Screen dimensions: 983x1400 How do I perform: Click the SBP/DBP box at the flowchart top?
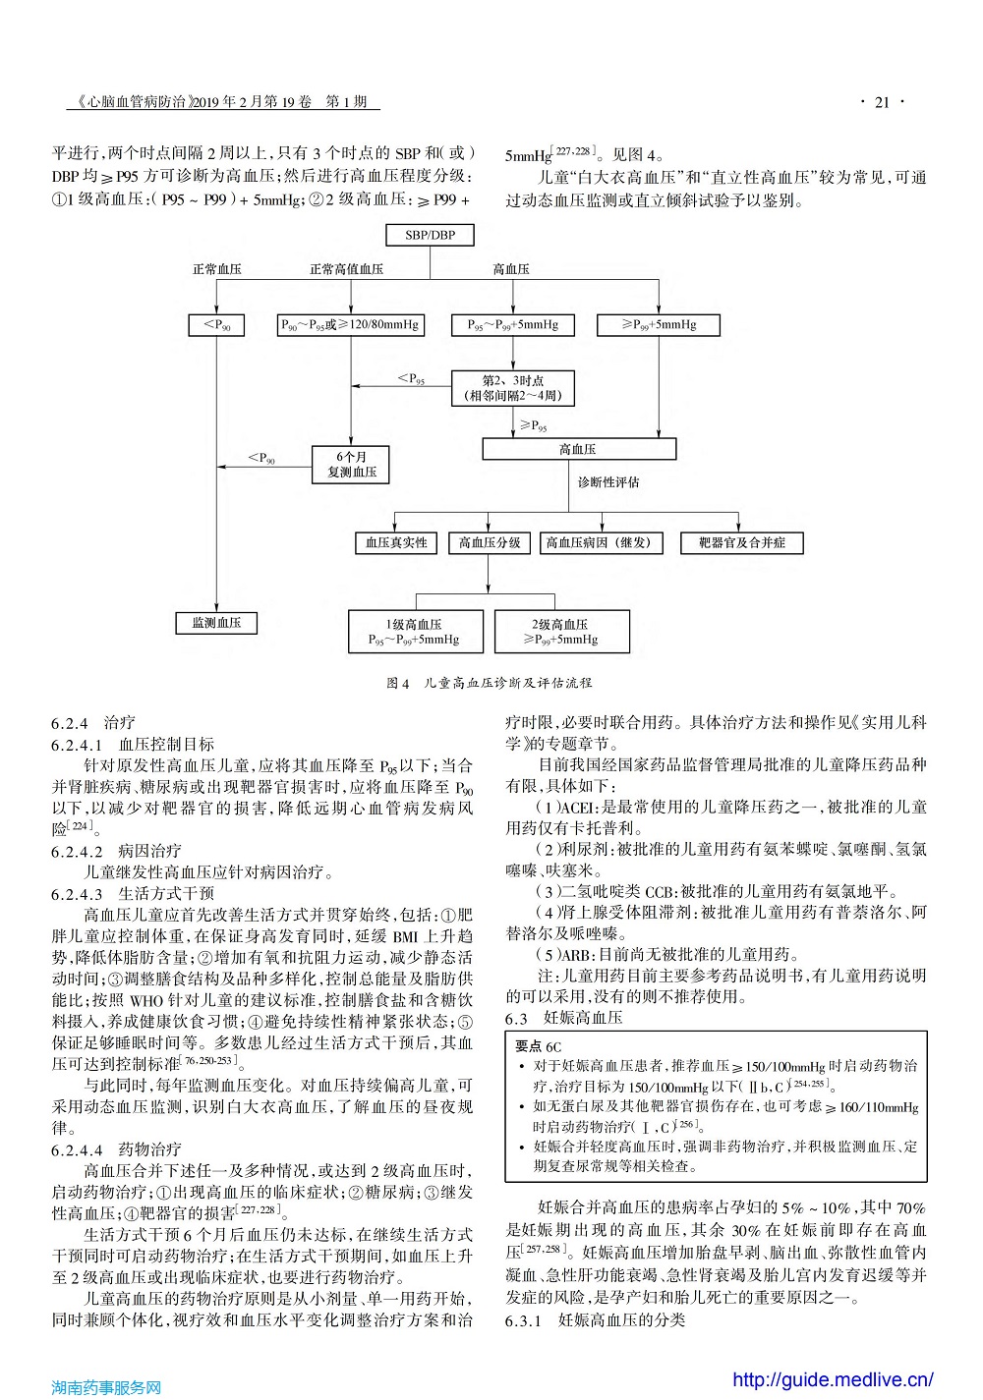coord(430,235)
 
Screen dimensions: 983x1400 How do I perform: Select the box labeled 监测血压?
coord(216,623)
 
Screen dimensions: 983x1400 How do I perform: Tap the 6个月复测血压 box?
coord(351,465)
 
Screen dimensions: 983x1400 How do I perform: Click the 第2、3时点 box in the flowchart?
coord(513,388)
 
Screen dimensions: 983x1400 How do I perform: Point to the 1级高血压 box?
coord(416,632)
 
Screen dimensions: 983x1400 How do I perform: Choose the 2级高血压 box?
coord(562,632)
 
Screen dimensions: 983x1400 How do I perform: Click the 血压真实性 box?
coord(396,542)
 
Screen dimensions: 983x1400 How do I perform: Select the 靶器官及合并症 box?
coord(741,542)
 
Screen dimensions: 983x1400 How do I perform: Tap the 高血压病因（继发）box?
coord(601,542)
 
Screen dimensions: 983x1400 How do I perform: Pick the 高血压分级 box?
coord(490,542)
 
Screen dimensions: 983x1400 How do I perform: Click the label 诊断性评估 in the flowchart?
coord(608,482)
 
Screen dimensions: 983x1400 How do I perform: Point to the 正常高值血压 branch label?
coord(346,269)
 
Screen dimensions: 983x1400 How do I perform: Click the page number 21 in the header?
coord(883,102)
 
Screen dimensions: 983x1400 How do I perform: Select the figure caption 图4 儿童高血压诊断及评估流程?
coord(489,683)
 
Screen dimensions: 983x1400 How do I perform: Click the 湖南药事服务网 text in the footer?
coord(106,1387)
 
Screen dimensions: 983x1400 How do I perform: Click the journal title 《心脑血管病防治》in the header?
coord(133,102)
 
